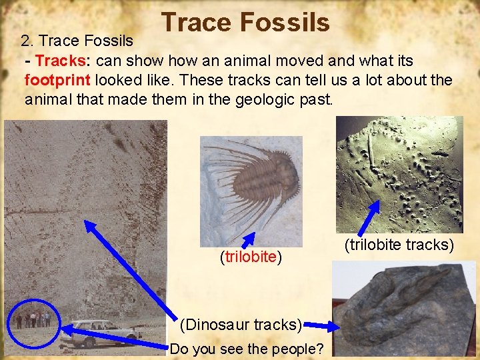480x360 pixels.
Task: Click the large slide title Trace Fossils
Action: pyautogui.click(x=245, y=22)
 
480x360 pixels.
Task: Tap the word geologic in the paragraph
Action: pyautogui.click(x=261, y=100)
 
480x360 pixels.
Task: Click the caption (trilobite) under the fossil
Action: pyautogui.click(x=251, y=257)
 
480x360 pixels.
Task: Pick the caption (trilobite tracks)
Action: pyautogui.click(x=399, y=245)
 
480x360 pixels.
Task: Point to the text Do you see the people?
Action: pyautogui.click(x=247, y=348)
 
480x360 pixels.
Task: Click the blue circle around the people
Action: pyautogui.click(x=33, y=320)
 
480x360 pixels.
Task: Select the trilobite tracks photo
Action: pyautogui.click(x=399, y=174)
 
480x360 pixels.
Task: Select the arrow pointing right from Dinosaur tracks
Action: pyautogui.click(x=321, y=326)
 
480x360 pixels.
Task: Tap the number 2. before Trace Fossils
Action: pyautogui.click(x=27, y=41)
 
